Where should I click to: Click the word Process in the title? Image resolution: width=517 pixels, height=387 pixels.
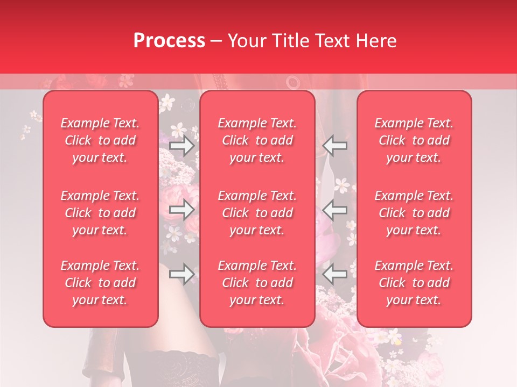coord(169,40)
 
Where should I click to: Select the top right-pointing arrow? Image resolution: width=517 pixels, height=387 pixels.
coord(182,146)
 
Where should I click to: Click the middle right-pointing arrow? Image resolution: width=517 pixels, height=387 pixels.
coord(182,210)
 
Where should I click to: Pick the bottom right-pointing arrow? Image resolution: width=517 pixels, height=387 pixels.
coord(182,274)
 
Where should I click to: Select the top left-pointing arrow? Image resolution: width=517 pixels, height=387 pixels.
coord(335,146)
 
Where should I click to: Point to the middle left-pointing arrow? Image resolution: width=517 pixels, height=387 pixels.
coord(335,210)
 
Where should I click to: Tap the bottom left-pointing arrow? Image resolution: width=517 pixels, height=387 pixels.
coord(335,274)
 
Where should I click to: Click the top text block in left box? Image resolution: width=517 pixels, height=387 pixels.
coord(100,140)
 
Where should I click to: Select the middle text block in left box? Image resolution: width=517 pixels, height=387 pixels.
coord(100,213)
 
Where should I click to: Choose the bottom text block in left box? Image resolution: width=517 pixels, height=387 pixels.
coord(100,283)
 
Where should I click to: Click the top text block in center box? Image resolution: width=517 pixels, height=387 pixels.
coord(257,140)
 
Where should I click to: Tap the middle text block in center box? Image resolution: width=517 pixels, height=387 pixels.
coord(257,213)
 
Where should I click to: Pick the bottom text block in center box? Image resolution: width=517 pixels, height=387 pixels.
coord(257,283)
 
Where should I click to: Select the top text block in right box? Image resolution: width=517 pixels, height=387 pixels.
coord(414,140)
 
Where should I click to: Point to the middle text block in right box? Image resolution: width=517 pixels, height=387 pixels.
coord(414,213)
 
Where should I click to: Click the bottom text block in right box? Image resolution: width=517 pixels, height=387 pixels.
coord(414,283)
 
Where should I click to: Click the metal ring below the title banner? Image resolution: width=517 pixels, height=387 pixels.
coord(292,82)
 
